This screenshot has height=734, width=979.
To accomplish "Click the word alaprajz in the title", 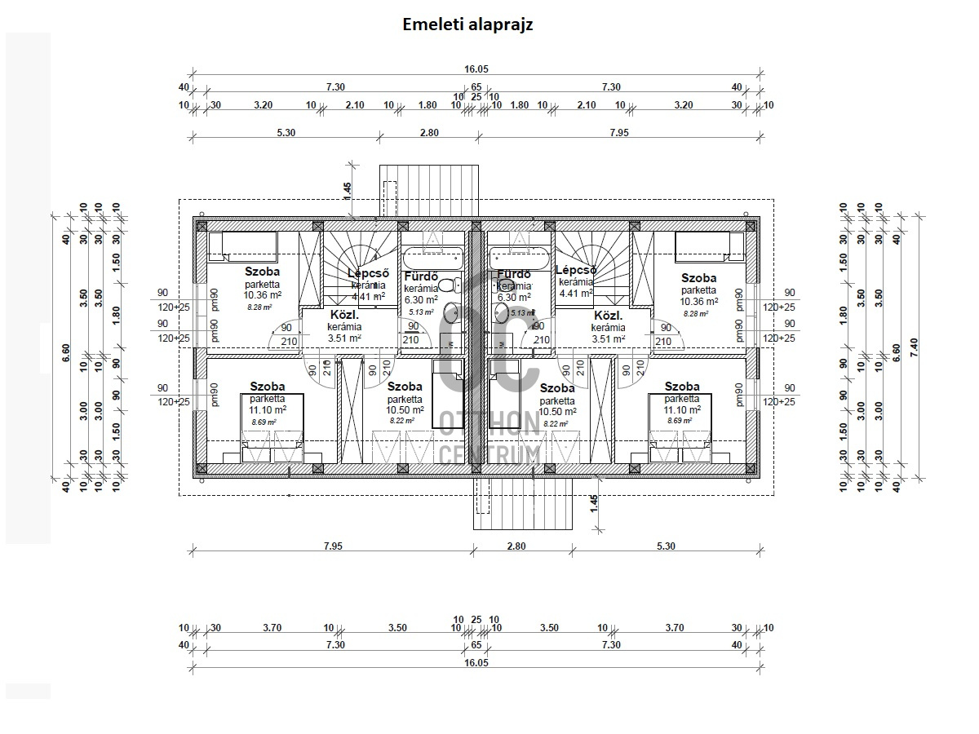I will [500, 24].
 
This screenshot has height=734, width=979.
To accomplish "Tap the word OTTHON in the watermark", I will [489, 423].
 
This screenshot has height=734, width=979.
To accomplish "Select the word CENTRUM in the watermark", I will [489, 453].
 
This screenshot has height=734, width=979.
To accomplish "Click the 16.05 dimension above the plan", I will [476, 70].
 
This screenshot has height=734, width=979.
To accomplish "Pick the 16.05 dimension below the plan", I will [476, 663].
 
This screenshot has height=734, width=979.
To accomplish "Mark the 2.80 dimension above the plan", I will [429, 133].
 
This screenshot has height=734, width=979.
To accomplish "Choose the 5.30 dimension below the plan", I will [666, 546].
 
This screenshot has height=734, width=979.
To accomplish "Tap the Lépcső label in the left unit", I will [369, 273].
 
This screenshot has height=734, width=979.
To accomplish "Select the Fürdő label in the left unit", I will [421, 276].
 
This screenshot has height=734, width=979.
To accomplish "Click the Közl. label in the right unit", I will [609, 316].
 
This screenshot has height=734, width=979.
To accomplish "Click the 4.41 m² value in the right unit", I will [576, 294].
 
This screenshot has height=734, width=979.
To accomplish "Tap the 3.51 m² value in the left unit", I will [344, 338].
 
